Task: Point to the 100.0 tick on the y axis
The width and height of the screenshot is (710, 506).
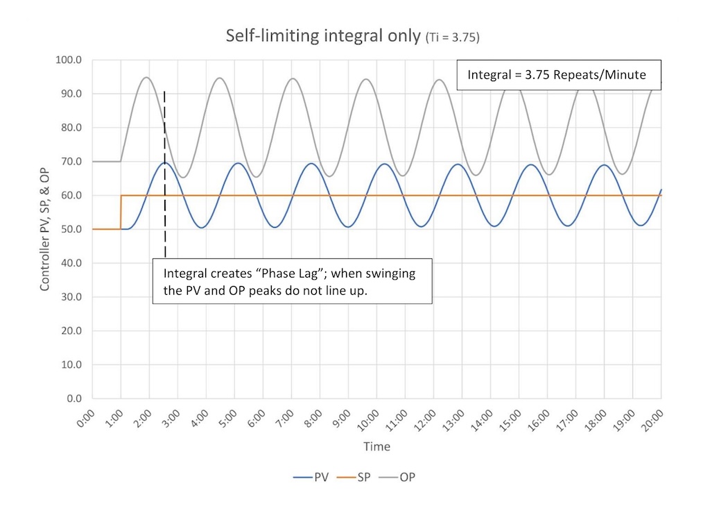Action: (x=69, y=60)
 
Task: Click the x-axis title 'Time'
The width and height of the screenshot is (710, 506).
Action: (x=376, y=446)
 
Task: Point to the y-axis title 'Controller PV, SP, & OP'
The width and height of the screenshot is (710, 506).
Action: (x=44, y=229)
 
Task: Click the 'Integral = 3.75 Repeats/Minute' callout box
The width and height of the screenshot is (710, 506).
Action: (x=557, y=75)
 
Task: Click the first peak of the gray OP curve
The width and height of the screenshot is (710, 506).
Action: (x=147, y=77)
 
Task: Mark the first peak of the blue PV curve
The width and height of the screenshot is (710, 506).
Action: (x=165, y=162)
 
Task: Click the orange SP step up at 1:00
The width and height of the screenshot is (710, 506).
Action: (x=121, y=212)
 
